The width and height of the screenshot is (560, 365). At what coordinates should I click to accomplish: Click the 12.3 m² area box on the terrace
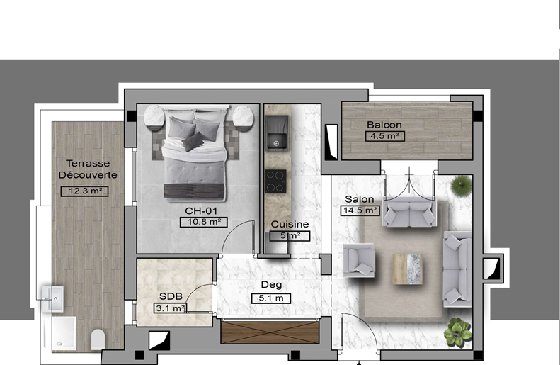point(84,191)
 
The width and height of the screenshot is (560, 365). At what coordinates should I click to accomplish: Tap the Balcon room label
point(384,125)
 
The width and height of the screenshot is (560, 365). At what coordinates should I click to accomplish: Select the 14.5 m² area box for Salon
point(360,210)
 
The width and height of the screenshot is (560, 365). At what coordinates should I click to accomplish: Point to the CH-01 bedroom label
point(201,210)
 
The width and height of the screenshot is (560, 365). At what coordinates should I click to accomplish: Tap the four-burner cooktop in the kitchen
point(275,181)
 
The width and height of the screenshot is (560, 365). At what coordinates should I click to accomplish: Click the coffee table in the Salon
point(407,269)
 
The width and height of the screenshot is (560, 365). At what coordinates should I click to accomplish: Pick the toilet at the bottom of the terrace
point(98,339)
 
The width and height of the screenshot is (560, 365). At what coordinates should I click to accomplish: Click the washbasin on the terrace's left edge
point(53,299)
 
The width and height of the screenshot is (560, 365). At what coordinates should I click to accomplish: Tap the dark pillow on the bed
point(193,141)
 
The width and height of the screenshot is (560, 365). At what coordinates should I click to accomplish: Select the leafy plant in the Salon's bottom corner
point(457,332)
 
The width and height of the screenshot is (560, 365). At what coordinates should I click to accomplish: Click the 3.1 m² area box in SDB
point(171,308)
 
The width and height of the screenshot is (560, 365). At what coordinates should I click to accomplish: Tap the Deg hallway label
point(271,285)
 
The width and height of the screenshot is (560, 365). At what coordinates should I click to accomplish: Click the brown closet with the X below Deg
point(270,332)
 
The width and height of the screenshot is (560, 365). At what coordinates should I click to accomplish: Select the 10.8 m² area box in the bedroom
point(204,222)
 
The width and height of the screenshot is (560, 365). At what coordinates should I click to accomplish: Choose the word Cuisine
point(290,224)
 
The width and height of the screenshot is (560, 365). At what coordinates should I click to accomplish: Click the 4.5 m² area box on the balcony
point(385,136)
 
